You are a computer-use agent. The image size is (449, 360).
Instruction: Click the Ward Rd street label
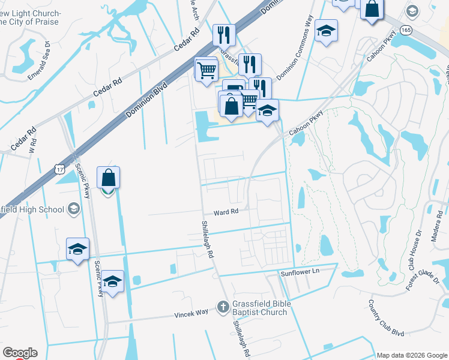point(226,212)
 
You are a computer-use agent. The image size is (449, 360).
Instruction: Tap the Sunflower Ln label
point(298,273)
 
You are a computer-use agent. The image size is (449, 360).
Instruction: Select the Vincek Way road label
point(191,313)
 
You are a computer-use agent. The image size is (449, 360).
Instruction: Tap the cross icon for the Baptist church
point(223,308)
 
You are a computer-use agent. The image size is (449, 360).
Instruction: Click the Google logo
point(20,353)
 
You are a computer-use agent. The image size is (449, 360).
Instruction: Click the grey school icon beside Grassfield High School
point(74,209)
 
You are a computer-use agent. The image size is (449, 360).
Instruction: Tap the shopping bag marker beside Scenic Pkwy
point(108,178)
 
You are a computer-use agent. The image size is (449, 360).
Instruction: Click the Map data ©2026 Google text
point(411,355)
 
